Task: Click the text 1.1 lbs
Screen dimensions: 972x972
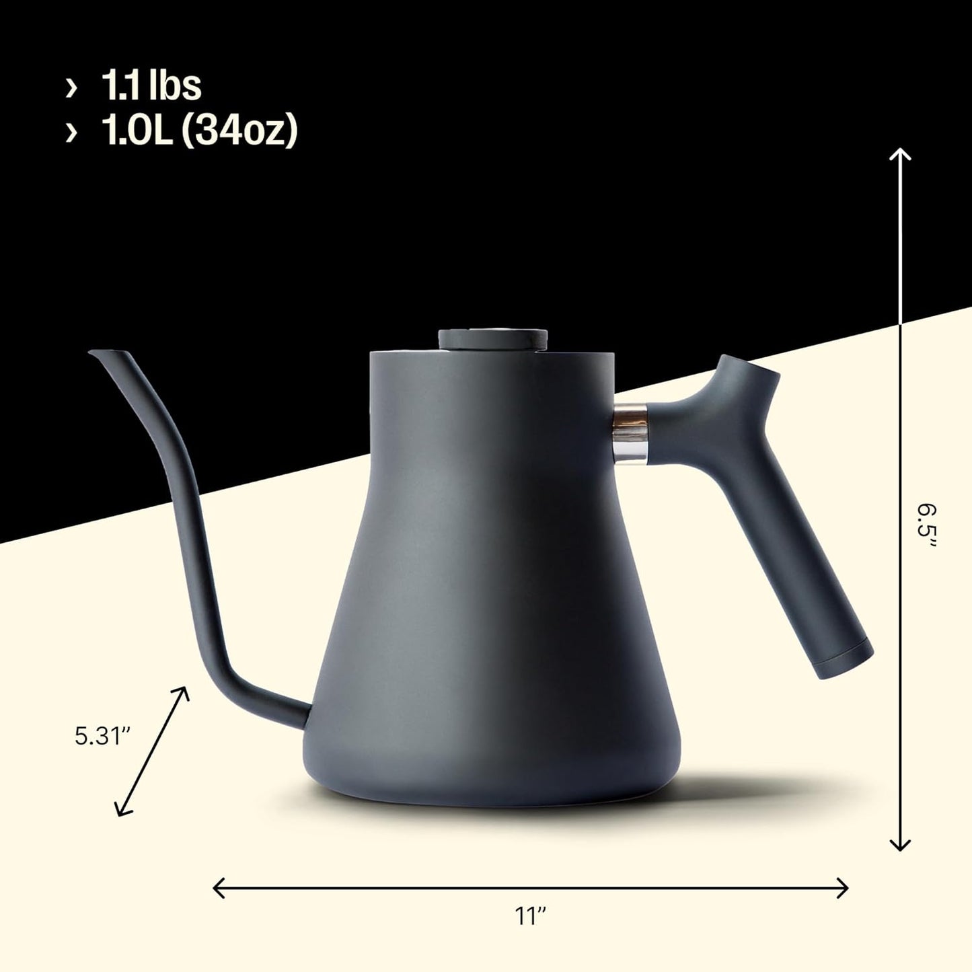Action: (151, 86)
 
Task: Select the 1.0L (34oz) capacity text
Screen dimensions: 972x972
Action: (199, 131)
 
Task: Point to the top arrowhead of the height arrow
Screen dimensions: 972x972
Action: (900, 154)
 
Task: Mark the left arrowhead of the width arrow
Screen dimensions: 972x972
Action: (217, 888)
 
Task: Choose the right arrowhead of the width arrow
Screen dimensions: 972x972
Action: (844, 888)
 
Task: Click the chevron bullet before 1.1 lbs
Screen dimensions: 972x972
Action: (71, 87)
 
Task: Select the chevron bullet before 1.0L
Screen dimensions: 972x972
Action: (71, 133)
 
